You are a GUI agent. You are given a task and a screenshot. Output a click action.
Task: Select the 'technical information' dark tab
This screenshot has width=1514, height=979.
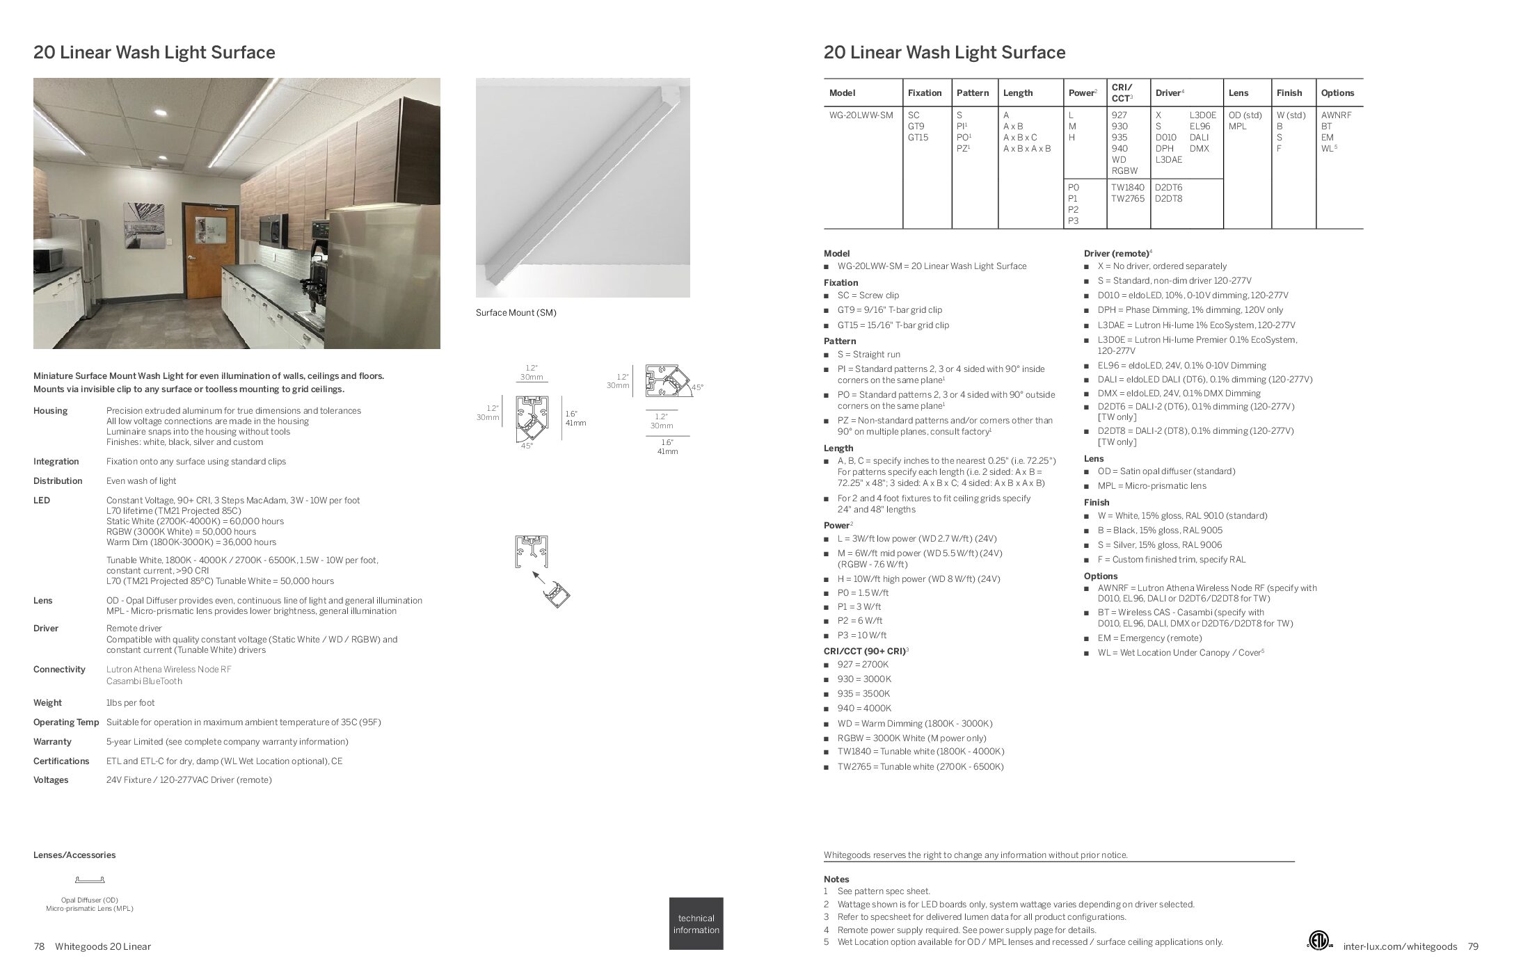coord(696,923)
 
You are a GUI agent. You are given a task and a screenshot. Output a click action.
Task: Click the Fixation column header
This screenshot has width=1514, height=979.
coord(924,92)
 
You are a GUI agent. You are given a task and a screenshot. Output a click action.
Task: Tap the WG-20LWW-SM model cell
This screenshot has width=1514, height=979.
coord(861,115)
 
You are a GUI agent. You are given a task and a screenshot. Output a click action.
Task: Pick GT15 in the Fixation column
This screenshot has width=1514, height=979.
coord(918,138)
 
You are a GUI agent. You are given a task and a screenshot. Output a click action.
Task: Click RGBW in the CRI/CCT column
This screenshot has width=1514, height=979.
coord(1124,170)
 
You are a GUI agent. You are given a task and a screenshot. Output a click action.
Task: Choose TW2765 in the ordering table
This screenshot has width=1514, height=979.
coord(1127,199)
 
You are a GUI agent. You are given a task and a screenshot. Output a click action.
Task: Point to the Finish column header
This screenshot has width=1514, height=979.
coord(1289,92)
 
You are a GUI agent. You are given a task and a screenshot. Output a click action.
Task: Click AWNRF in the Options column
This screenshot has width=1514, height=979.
coord(1337,115)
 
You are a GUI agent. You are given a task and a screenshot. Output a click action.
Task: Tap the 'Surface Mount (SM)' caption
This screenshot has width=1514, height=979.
coord(516,313)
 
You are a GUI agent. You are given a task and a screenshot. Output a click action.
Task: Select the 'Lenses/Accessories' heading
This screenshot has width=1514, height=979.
coord(74,855)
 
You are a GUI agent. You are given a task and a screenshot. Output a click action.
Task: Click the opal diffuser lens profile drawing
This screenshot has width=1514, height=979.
coord(90,880)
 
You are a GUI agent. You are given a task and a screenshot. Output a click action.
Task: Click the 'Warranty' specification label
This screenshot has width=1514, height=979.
coord(52,742)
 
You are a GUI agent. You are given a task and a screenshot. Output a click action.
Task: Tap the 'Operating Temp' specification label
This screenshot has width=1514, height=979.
coord(65,722)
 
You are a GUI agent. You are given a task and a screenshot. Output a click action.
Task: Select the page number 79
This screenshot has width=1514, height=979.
coord(1473,946)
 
